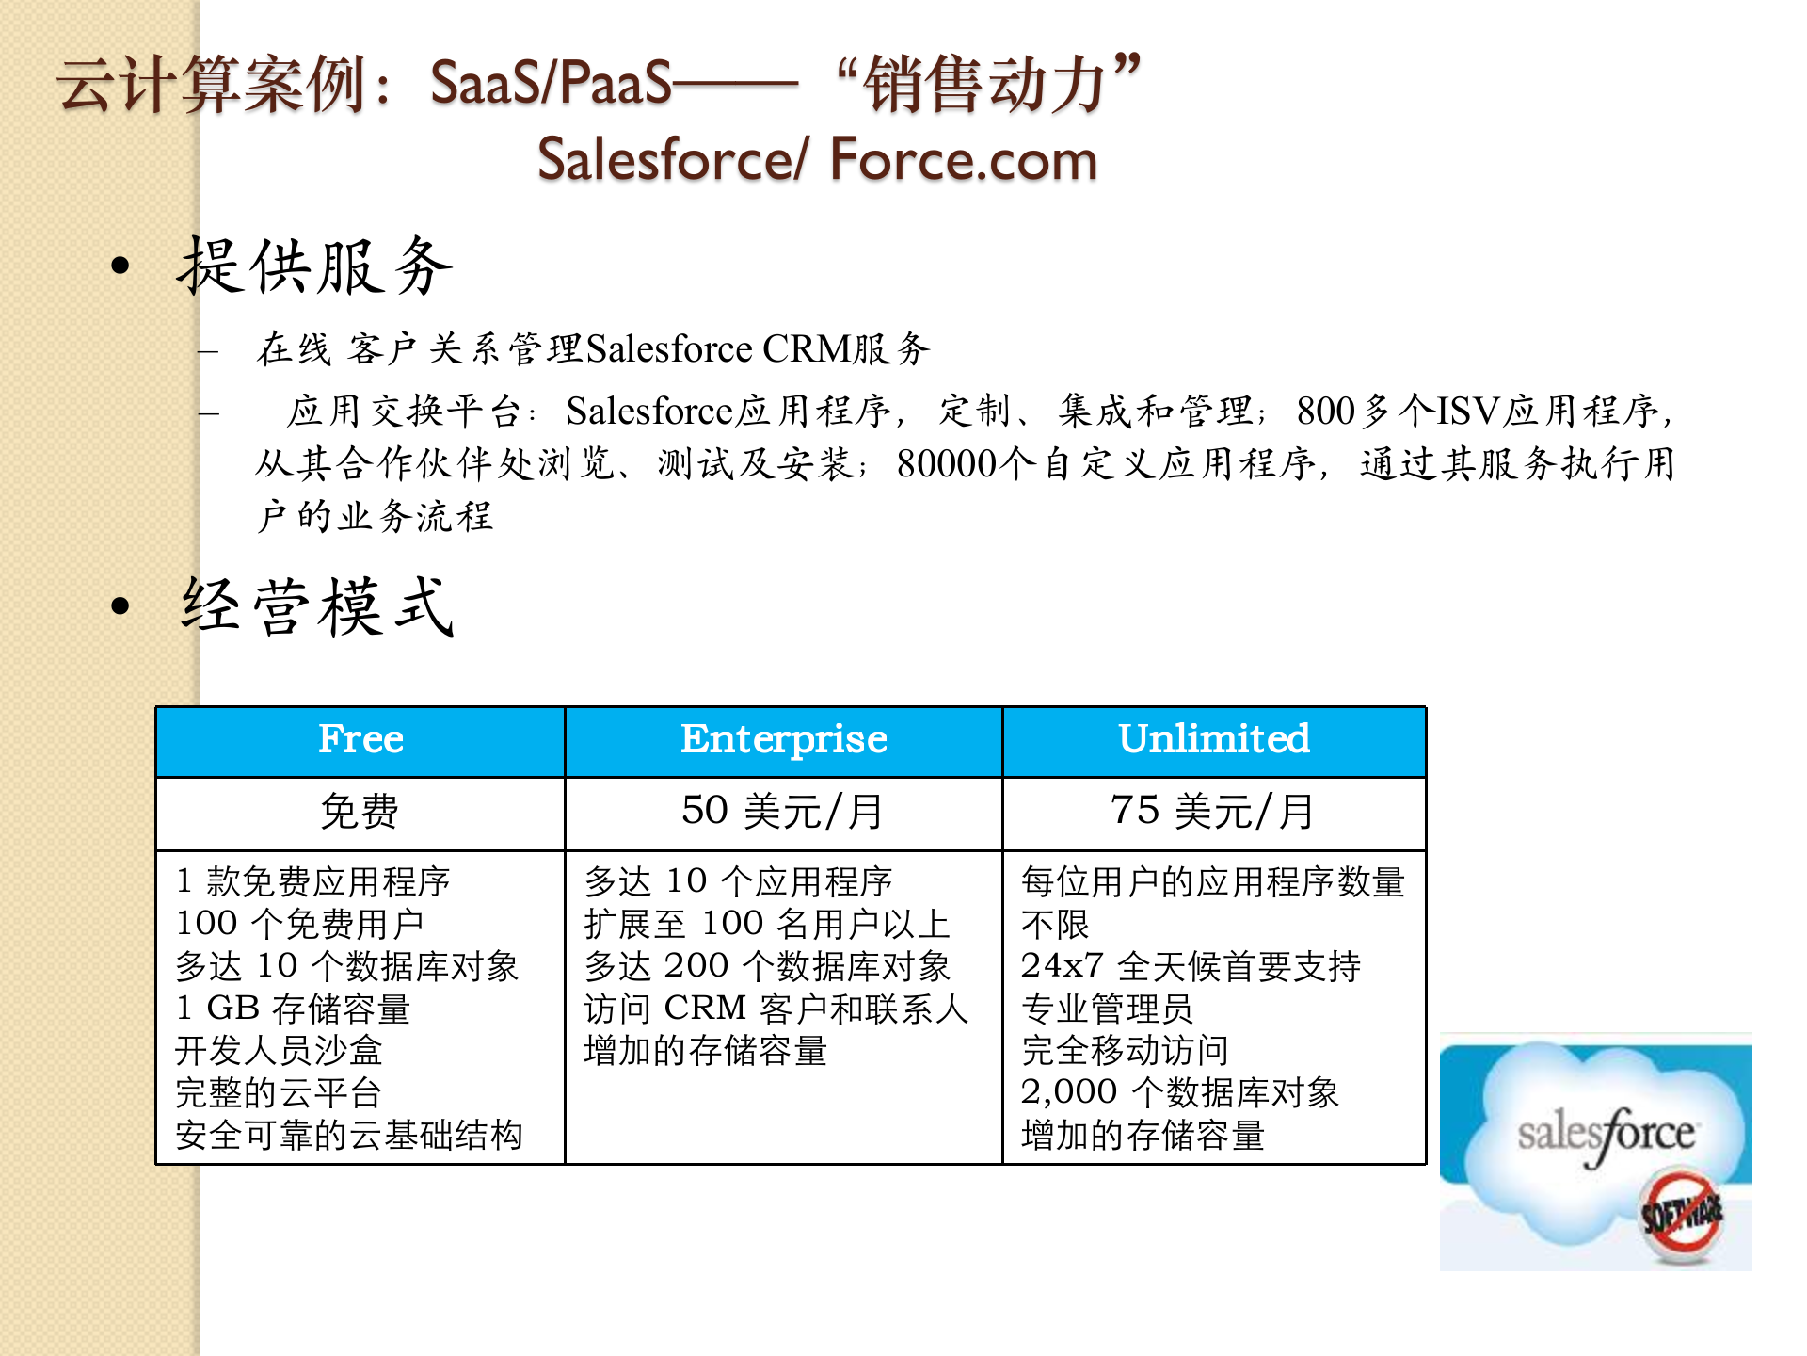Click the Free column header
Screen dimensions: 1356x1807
360,740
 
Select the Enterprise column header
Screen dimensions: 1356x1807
783,740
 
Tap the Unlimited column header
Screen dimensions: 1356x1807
1214,740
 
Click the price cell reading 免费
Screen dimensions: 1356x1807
360,812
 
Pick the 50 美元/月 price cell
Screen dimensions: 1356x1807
783,812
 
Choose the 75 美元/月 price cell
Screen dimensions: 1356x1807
1214,812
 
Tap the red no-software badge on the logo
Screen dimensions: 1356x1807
1683,1215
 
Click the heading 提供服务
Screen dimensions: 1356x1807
316,267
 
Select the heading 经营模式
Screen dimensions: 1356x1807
318,607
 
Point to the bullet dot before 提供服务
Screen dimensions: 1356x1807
120,266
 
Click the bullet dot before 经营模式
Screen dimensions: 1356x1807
120,606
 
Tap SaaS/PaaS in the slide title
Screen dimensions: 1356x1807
551,83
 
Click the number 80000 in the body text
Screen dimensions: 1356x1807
946,464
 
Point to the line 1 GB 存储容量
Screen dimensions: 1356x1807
293,1009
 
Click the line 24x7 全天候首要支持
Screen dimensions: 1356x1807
1191,966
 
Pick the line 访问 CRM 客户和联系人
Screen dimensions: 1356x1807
776,1009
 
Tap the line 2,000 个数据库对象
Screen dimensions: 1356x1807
1179,1092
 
